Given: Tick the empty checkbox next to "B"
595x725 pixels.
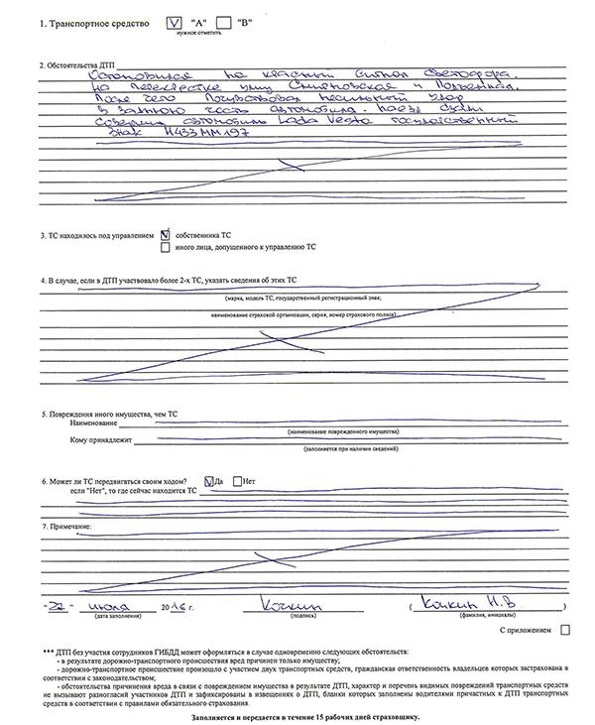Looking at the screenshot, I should pyautogui.click(x=224, y=21).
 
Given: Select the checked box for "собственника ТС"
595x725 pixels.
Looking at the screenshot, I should pyautogui.click(x=165, y=235).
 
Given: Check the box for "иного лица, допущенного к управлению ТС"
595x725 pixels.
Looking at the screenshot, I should pyautogui.click(x=165, y=246).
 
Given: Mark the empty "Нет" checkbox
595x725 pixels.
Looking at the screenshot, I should pyautogui.click(x=237, y=482).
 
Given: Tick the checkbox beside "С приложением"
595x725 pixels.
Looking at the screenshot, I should pyautogui.click(x=565, y=629).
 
